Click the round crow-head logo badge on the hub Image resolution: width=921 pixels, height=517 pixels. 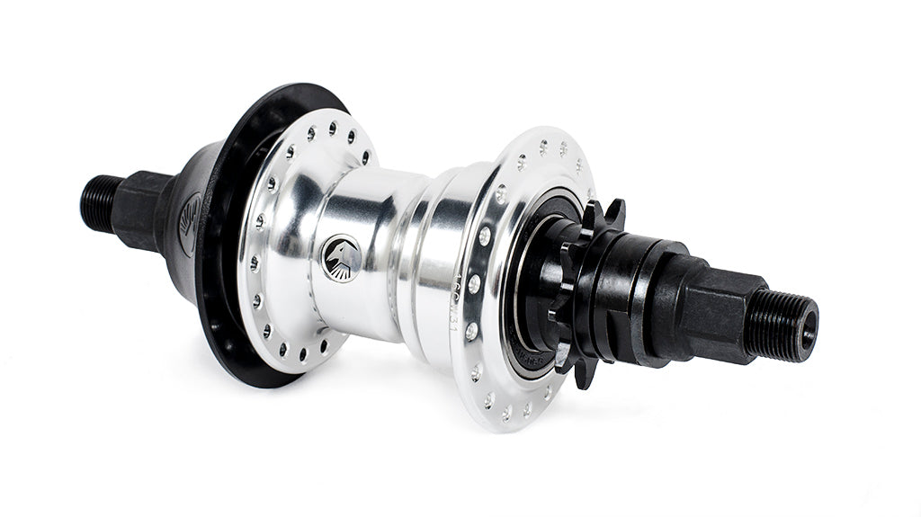[342, 257]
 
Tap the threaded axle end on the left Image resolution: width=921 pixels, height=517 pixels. [98, 199]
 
